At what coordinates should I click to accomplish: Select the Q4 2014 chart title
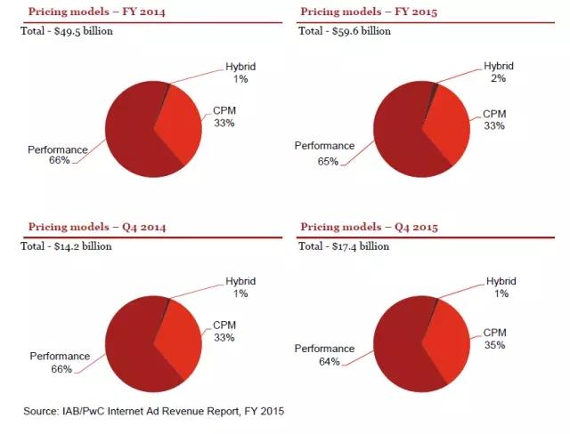click(x=96, y=227)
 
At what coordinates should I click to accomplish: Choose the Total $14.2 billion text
click(x=66, y=246)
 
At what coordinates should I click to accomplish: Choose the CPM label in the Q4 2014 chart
click(x=224, y=331)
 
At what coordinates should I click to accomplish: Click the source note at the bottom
click(x=153, y=411)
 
